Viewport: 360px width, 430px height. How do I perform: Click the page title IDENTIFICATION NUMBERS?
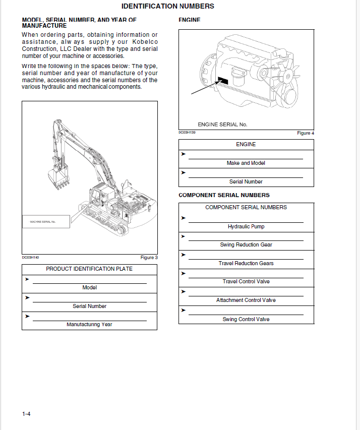click(x=168, y=7)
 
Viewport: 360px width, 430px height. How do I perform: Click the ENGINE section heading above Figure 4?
click(x=190, y=20)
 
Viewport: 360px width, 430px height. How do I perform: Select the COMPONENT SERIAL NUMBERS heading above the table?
click(x=224, y=195)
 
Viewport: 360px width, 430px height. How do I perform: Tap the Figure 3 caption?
click(x=149, y=258)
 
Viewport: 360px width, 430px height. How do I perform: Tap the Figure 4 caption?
click(x=306, y=133)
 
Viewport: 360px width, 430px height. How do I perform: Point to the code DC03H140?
click(x=30, y=258)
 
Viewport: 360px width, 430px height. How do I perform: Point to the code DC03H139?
click(x=187, y=133)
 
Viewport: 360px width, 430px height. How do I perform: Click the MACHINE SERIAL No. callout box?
click(x=46, y=222)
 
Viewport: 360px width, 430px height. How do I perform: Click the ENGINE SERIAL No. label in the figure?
click(x=222, y=125)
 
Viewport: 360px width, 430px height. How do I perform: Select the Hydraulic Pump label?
click(x=246, y=227)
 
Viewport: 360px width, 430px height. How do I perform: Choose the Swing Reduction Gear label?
click(x=246, y=245)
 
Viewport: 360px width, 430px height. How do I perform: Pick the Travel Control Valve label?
click(x=246, y=282)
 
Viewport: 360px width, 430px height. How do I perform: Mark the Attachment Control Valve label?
click(x=246, y=300)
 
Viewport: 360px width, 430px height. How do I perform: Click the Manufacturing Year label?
click(x=89, y=325)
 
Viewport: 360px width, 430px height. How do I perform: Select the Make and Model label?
click(x=246, y=163)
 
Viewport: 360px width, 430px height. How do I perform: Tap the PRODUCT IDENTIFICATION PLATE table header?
click(x=89, y=269)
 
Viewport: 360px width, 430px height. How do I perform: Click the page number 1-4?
click(x=26, y=414)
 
